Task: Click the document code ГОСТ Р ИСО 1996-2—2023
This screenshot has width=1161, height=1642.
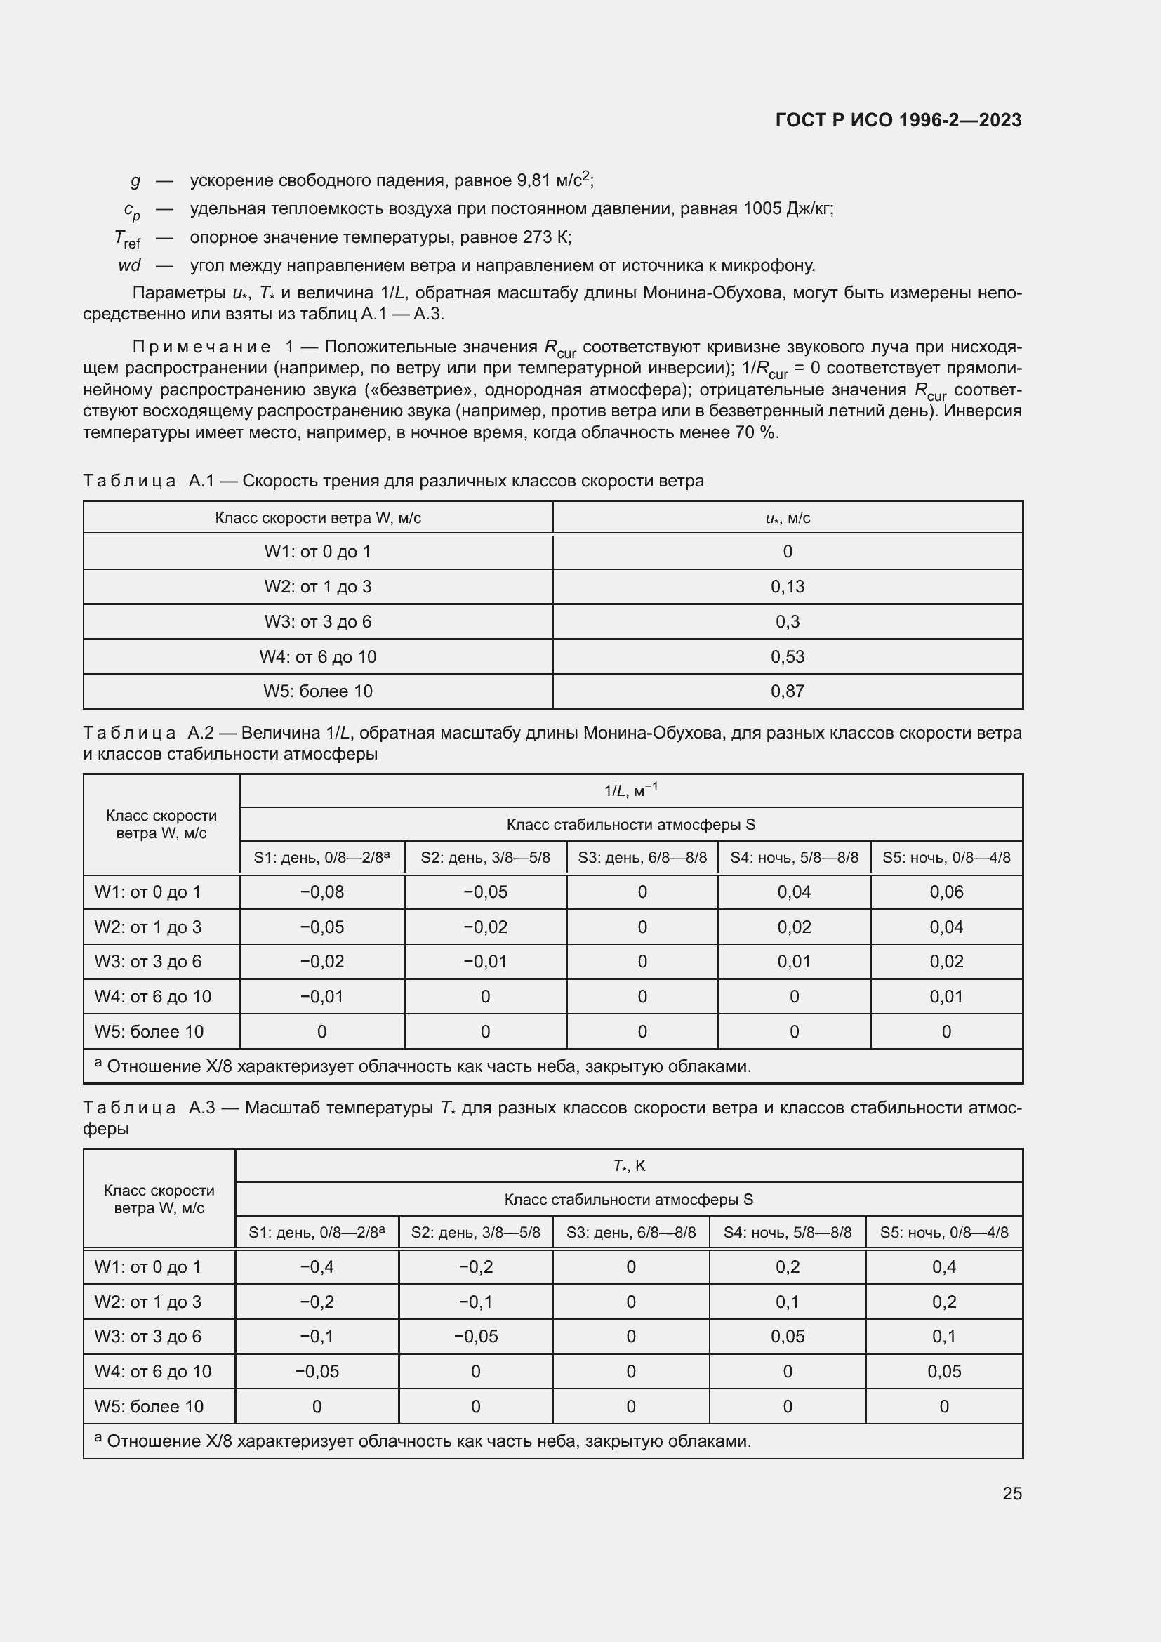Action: [898, 120]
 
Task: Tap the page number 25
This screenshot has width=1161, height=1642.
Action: [1011, 1493]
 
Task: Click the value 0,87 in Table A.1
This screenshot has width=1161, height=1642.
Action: [787, 691]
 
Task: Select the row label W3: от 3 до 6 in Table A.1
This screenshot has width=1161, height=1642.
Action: [317, 621]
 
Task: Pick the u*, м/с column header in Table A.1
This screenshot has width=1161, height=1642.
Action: [787, 518]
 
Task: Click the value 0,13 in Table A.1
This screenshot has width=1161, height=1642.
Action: [787, 586]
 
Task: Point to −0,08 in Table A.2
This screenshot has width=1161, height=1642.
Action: [321, 892]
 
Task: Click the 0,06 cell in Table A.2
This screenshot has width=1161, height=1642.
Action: [946, 892]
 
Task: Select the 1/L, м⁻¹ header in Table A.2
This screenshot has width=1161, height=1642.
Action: [630, 790]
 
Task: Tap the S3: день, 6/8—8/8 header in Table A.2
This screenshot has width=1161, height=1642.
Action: [642, 857]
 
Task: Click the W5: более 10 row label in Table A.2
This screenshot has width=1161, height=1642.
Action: [149, 1031]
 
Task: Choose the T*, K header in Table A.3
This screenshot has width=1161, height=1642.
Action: [628, 1166]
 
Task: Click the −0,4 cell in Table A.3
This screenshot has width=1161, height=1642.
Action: [317, 1266]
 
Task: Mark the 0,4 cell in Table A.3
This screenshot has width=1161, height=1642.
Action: [943, 1266]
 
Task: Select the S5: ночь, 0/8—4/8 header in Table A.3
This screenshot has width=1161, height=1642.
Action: [943, 1232]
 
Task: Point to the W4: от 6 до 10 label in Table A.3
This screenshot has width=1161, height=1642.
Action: [152, 1371]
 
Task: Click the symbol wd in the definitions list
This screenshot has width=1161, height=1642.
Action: [128, 265]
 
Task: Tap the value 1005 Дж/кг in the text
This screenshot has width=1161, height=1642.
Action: [786, 208]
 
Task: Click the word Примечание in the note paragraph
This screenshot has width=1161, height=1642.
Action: [201, 347]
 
